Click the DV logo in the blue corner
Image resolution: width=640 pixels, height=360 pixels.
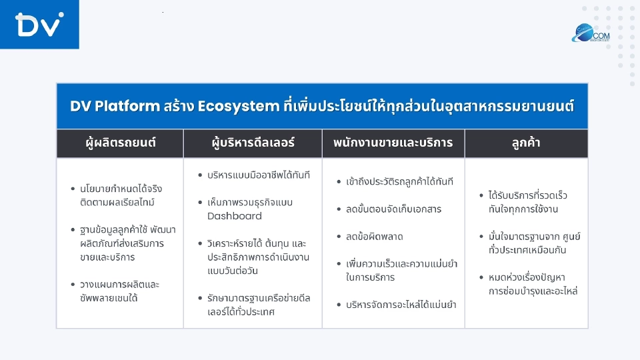click(39, 25)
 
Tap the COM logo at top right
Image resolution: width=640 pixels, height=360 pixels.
click(590, 33)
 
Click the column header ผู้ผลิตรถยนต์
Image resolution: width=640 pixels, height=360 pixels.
click(120, 143)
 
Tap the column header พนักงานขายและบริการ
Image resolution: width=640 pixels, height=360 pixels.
click(393, 143)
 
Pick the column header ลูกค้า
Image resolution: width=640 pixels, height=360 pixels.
click(526, 143)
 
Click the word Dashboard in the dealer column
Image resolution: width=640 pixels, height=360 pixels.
click(235, 216)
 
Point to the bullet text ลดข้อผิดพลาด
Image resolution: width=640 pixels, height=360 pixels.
click(375, 237)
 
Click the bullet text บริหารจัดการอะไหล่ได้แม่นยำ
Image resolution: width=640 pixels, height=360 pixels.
click(401, 305)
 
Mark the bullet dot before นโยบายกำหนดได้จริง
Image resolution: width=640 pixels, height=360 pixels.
click(72, 189)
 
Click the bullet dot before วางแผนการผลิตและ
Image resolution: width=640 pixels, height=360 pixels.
click(72, 285)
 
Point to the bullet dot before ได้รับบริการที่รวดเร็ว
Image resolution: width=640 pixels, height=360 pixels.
click(481, 196)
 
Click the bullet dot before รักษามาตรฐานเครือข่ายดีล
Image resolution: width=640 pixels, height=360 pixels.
click(200, 298)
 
